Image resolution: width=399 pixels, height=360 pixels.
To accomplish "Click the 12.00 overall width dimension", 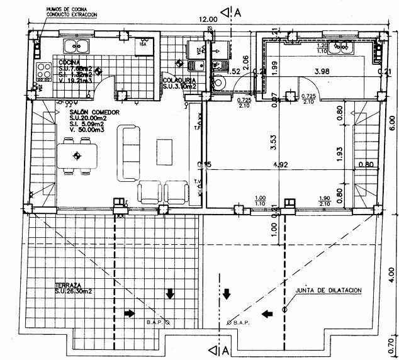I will [x=208, y=20].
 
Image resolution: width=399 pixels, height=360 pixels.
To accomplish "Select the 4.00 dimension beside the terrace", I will [x=391, y=274].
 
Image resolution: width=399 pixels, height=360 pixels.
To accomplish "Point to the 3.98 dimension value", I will [x=322, y=70].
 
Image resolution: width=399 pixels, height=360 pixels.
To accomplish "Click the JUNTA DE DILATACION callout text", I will [x=329, y=290].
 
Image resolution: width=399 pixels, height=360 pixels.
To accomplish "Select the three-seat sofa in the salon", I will [x=130, y=152].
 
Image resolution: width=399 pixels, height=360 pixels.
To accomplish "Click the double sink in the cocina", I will [x=77, y=45].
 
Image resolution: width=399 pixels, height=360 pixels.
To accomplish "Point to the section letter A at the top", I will [x=237, y=11].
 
